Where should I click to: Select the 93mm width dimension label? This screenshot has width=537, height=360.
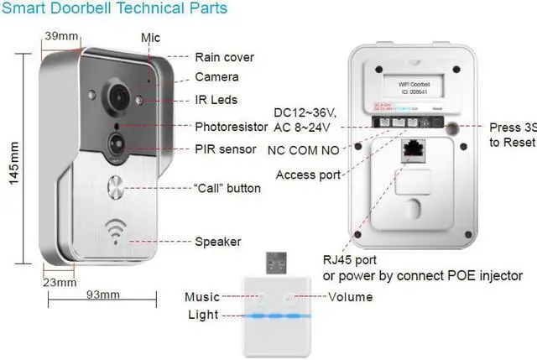(x=103, y=294)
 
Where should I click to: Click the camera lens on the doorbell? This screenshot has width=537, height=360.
(x=116, y=91)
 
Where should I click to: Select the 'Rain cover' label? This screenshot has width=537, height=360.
(x=224, y=58)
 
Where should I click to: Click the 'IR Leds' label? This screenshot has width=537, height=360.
(x=216, y=100)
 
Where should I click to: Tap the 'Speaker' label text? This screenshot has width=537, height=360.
(x=218, y=242)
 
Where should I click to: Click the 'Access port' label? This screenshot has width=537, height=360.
(x=308, y=175)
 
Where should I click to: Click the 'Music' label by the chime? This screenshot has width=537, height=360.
(x=202, y=297)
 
